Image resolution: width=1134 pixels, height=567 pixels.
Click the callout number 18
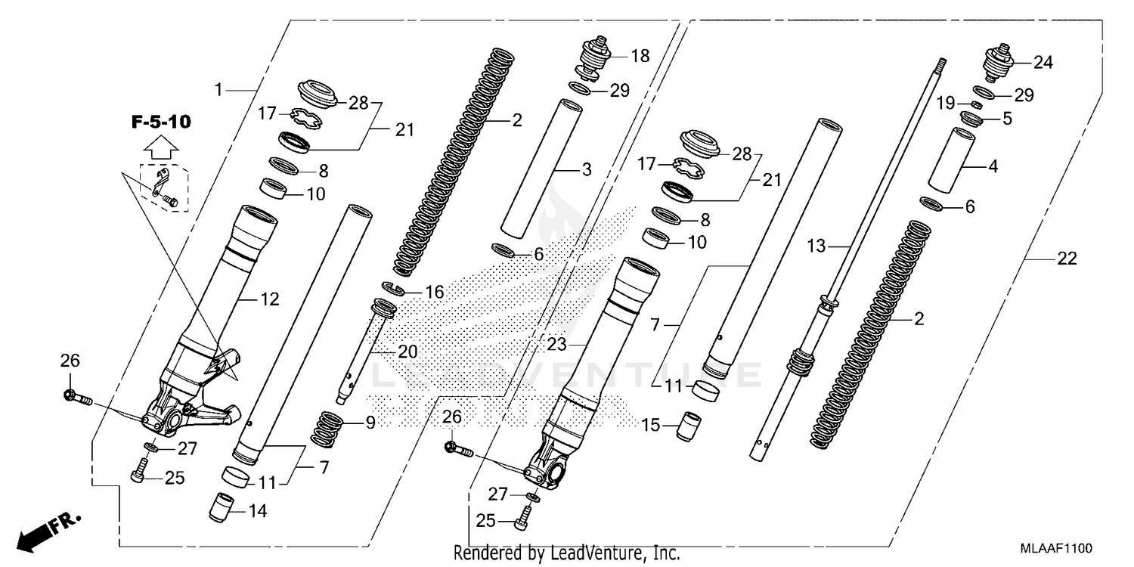pos(640,57)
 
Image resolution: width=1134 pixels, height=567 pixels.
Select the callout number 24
pos(1043,63)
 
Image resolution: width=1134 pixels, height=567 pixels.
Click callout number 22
pos(1066,259)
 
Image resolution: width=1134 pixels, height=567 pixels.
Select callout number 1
pos(218,90)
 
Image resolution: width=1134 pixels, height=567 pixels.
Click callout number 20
pos(408,352)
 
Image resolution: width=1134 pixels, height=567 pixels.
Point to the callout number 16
pos(433,292)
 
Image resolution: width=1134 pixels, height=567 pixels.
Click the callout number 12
pos(270,299)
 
